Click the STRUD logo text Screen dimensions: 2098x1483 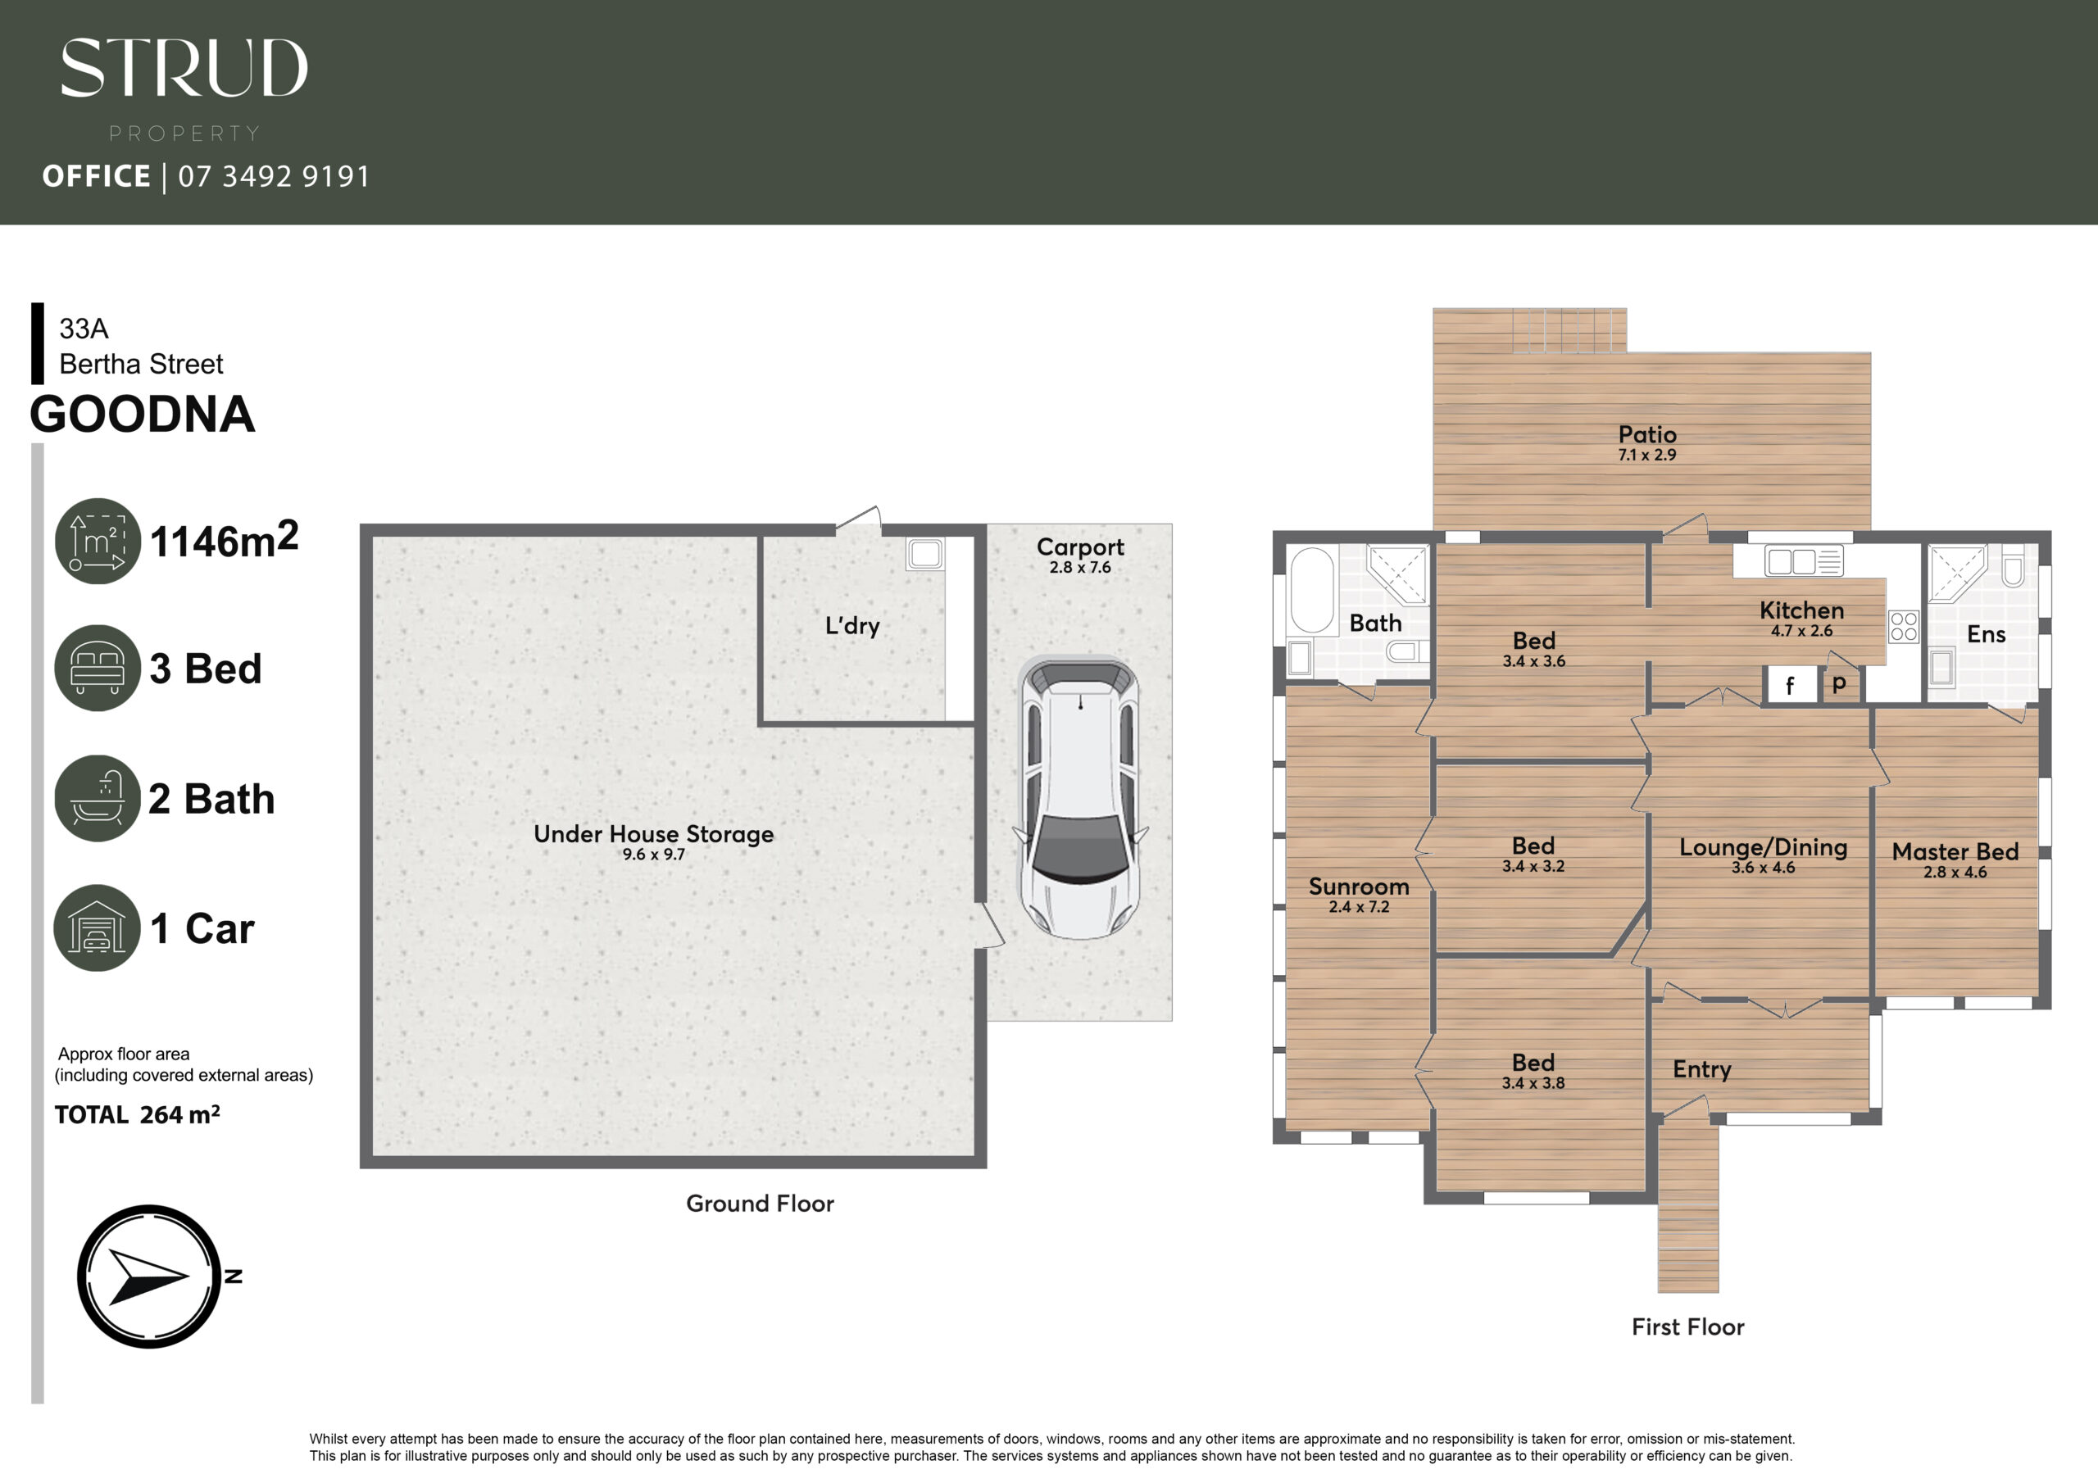184,68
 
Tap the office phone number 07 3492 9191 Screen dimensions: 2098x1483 274,175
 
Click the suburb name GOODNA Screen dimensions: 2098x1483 143,414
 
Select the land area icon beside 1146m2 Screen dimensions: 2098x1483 98,541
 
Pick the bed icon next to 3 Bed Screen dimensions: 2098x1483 98,668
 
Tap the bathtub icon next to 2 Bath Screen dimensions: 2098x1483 98,798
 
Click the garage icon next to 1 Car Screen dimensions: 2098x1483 98,927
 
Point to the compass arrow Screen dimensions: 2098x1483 149,1277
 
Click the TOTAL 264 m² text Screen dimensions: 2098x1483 137,1115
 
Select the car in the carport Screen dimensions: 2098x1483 1080,796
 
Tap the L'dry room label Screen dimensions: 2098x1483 851,626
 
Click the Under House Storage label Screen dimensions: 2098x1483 653,833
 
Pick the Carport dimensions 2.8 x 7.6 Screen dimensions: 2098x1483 1080,568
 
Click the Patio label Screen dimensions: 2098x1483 1647,435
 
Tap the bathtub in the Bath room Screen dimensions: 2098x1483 1312,590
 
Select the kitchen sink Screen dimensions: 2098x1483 1804,560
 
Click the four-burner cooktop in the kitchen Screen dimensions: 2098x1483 1905,627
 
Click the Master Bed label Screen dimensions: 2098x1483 1955,851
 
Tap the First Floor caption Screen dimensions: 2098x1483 1687,1327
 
